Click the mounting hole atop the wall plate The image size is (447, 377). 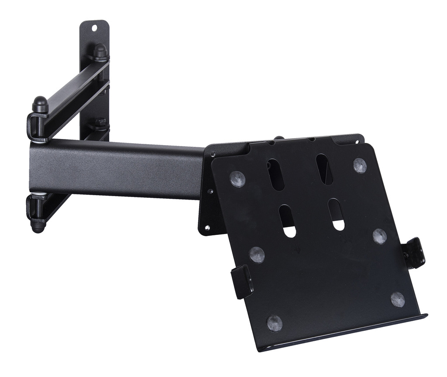pyautogui.click(x=94, y=28)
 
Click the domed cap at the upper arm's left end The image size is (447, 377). pyautogui.click(x=40, y=104)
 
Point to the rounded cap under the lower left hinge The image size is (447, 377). pyautogui.click(x=38, y=226)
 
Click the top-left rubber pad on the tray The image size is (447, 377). pyautogui.click(x=237, y=179)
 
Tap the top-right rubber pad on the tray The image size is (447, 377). pyautogui.click(x=360, y=165)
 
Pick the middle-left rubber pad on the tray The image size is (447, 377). pyautogui.click(x=257, y=255)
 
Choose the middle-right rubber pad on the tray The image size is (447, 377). pyautogui.click(x=380, y=236)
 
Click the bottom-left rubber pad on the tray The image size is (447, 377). pyautogui.click(x=275, y=323)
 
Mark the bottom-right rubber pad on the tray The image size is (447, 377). pyautogui.click(x=397, y=299)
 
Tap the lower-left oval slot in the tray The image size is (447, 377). pyautogui.click(x=287, y=221)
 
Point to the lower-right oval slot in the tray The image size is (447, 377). pyautogui.click(x=336, y=214)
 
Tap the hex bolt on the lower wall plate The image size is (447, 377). pyautogui.click(x=100, y=122)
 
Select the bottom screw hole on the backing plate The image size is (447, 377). pyautogui.click(x=207, y=228)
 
